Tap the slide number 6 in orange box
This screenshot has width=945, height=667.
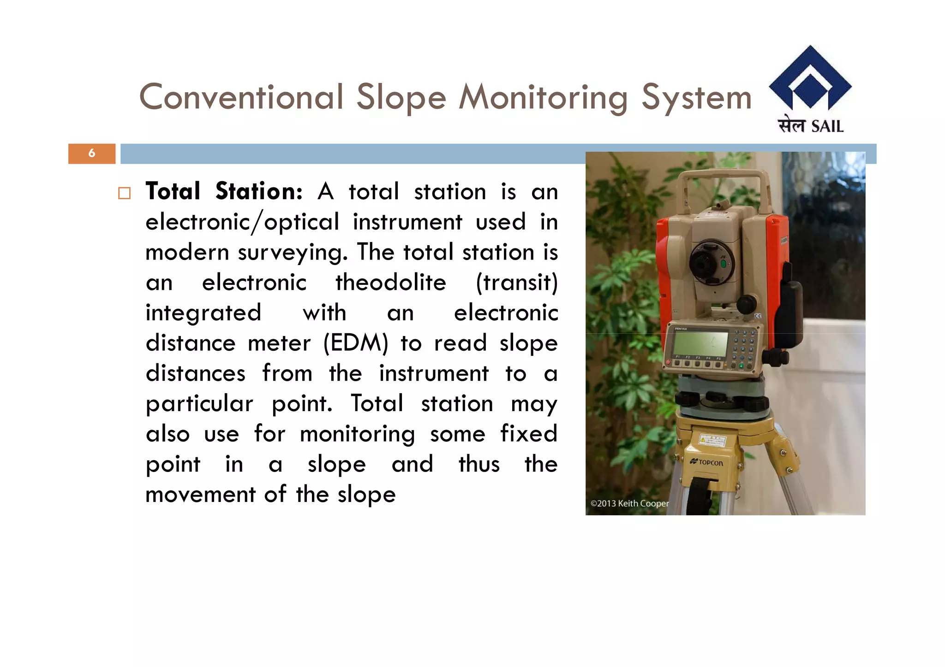(92, 153)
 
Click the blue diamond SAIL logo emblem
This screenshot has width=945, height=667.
(810, 78)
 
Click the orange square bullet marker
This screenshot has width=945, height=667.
(124, 193)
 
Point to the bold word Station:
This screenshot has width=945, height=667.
(258, 191)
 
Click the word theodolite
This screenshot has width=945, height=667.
(390, 282)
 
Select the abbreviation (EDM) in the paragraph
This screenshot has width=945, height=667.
(355, 343)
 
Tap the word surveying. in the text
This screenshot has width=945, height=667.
(293, 253)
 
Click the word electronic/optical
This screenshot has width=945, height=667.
(242, 222)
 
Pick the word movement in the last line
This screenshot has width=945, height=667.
(200, 494)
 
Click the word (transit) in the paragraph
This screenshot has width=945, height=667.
(516, 282)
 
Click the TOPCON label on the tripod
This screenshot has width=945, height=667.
(707, 462)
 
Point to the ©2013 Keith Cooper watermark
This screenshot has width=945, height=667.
(629, 503)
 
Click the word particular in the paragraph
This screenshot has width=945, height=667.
(199, 404)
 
